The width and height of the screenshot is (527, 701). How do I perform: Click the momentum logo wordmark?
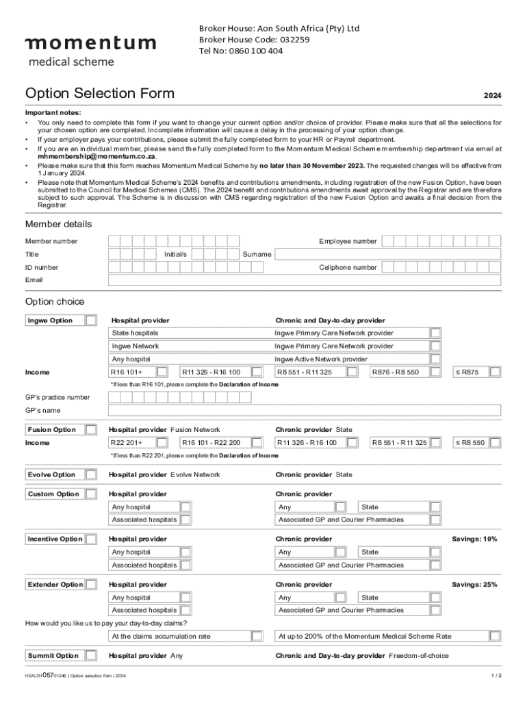click(90, 44)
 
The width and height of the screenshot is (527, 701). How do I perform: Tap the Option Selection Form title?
click(100, 94)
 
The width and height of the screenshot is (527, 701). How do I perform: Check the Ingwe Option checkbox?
click(90, 320)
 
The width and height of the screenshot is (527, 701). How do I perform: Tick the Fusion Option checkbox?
click(90, 429)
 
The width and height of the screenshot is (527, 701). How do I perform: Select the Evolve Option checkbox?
click(90, 474)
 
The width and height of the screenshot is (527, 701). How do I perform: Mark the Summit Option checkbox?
click(90, 656)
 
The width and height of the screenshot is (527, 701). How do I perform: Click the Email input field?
click(305, 280)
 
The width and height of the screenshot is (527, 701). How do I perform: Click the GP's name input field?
click(305, 410)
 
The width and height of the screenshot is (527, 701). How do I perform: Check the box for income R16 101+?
click(162, 372)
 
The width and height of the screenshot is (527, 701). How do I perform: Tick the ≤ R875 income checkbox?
click(495, 372)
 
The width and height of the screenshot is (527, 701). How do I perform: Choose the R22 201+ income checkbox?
click(162, 443)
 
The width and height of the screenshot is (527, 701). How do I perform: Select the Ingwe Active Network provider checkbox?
click(435, 359)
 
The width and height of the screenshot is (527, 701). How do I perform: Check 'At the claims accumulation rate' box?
click(256, 636)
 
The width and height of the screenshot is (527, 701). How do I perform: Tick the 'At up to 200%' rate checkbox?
click(495, 636)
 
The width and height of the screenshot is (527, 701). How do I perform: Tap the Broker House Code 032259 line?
click(254, 40)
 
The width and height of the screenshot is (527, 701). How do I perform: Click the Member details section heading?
click(58, 225)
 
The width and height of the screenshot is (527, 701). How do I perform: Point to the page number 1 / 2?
click(496, 676)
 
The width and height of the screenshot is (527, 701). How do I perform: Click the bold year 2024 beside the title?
click(492, 96)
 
